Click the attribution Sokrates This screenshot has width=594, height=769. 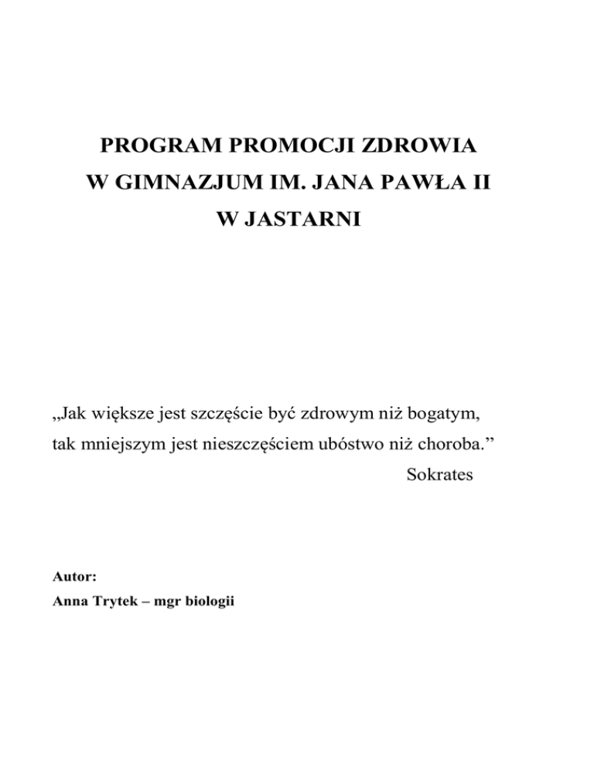pos(439,474)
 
